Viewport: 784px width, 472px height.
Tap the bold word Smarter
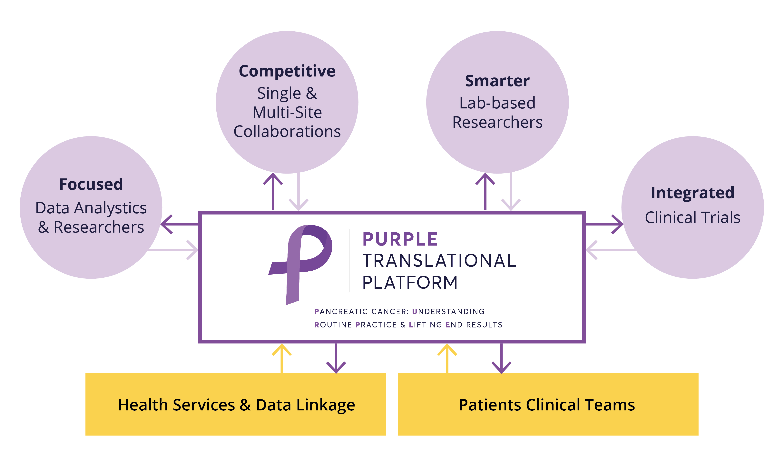tap(497, 81)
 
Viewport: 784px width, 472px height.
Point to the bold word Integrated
tap(692, 193)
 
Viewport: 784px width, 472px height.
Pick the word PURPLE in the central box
tap(400, 239)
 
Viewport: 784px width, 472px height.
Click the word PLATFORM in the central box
tap(410, 282)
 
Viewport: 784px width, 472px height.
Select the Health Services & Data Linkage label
tap(236, 405)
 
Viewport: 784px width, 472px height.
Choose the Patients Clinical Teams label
tap(547, 405)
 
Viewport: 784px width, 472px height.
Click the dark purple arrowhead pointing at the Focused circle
tap(167, 224)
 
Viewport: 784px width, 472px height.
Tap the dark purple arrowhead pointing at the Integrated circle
tap(617, 224)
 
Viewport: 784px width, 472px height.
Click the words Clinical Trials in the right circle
tap(692, 217)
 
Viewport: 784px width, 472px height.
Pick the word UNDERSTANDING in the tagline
tap(448, 311)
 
